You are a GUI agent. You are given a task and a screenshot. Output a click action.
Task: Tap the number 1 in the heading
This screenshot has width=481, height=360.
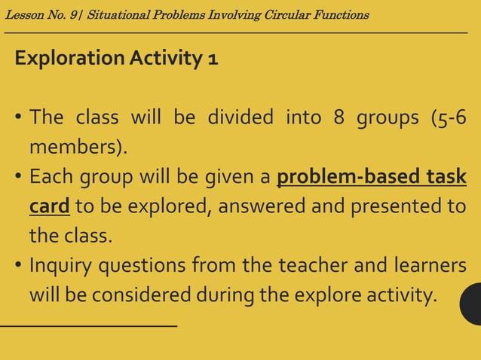[213, 59]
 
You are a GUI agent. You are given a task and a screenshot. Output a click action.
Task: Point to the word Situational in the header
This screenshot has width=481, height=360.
[118, 15]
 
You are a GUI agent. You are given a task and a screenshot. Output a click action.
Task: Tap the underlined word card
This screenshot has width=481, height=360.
[50, 206]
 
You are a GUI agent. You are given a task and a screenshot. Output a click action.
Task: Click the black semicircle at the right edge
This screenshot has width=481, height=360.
[471, 304]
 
